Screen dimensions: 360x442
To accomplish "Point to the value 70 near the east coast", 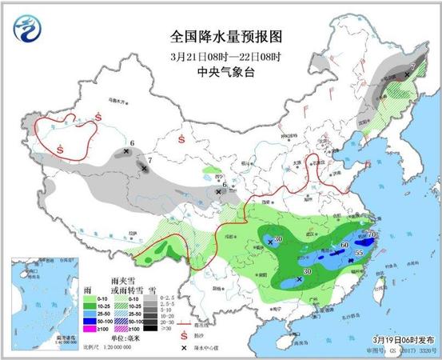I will [x=371, y=234].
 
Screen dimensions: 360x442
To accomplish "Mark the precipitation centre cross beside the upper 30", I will [x=269, y=239].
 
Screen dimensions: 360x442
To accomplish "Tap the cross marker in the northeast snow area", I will [x=407, y=74].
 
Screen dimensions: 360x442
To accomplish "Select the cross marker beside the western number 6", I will [x=126, y=150].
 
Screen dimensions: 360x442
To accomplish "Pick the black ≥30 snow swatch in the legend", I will [x=166, y=328].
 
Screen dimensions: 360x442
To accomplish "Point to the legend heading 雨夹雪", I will [x=122, y=274].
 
